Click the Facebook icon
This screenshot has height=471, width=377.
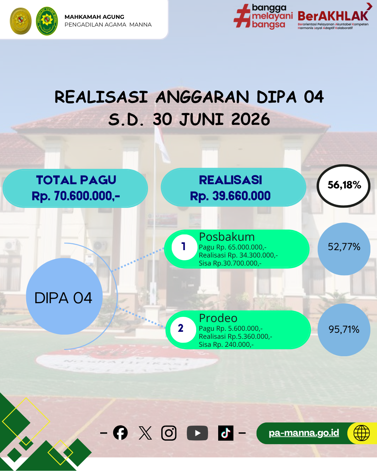[120, 433]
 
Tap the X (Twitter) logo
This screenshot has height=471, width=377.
[145, 433]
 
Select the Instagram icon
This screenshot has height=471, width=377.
[169, 433]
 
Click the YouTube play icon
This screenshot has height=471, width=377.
[197, 433]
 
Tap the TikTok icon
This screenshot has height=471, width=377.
[226, 433]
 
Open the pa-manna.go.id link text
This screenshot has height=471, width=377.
[304, 433]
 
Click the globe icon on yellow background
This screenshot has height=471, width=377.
[362, 433]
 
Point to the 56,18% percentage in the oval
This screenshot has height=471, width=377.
[344, 185]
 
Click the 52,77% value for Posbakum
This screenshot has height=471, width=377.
[344, 247]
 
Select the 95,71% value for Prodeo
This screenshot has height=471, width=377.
[344, 329]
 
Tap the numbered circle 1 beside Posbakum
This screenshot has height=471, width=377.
[184, 247]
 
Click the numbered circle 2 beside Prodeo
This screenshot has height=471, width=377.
[183, 330]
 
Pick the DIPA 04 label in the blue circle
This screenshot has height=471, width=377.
[63, 298]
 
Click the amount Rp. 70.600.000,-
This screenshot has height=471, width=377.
[76, 196]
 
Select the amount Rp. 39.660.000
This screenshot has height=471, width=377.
[230, 196]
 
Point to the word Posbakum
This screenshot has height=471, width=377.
[227, 237]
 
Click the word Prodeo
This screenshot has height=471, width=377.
[218, 318]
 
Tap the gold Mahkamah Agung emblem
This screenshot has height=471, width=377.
[21, 21]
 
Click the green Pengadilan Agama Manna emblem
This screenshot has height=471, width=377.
[47, 21]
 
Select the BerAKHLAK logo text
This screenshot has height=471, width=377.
[333, 16]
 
